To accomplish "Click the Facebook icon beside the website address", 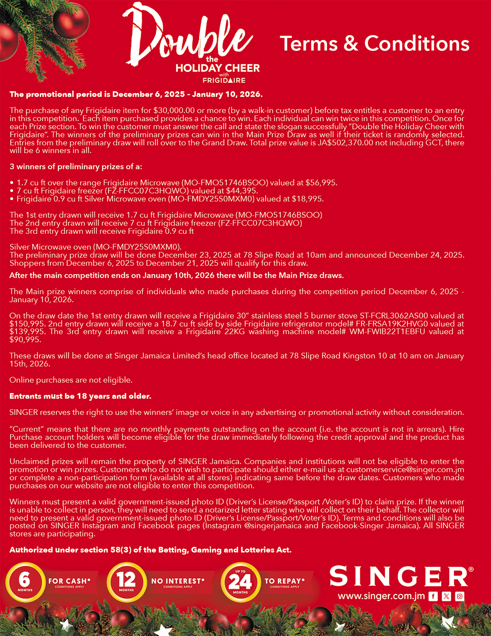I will coord(433,596).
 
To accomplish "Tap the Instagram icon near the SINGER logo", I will coord(459,596).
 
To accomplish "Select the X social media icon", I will coord(446,596).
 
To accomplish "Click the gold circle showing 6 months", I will coord(25,582).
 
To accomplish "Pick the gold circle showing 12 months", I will coord(126,582).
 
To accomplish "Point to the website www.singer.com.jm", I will coord(381,596).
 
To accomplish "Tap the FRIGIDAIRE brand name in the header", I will coord(224,80).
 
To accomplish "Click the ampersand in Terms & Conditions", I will coord(351,43).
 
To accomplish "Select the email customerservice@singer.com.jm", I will coord(405,469).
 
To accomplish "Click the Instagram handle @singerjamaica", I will coord(273,526).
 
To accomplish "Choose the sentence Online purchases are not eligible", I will coord(71,380).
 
